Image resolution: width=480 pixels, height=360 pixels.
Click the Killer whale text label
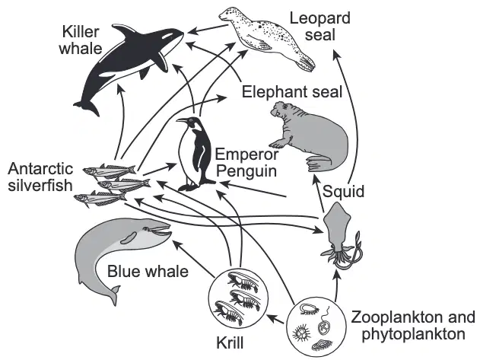pyautogui.click(x=81, y=40)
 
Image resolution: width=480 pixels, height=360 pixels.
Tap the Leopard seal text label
pyautogui.click(x=320, y=27)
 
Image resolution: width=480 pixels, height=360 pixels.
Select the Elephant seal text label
pyautogui.click(x=292, y=92)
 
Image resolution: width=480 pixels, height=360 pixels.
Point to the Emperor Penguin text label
pyautogui.click(x=246, y=163)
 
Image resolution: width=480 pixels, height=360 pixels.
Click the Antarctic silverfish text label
pyautogui.click(x=40, y=177)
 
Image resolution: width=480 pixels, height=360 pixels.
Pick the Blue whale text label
pyautogui.click(x=148, y=271)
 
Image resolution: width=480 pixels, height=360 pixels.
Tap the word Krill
pyautogui.click(x=230, y=342)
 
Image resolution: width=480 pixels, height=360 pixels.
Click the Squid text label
pyautogui.click(x=344, y=192)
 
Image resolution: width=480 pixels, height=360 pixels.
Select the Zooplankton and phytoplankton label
pyautogui.click(x=413, y=326)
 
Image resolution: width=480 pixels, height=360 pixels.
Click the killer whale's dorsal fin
pyautogui.click(x=125, y=31)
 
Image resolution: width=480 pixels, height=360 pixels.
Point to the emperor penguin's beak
pyautogui.click(x=182, y=120)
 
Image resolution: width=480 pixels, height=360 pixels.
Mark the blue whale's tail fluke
pyautogui.click(x=115, y=293)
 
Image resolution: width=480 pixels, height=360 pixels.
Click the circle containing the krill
pyautogui.click(x=238, y=298)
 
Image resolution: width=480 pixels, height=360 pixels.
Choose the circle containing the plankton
pyautogui.click(x=316, y=327)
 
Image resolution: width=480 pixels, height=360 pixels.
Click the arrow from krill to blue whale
pyautogui.click(x=194, y=258)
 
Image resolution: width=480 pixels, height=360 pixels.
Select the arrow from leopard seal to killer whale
pyautogui.click(x=208, y=29)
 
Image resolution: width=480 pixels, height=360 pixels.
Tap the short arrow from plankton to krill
pyautogui.click(x=276, y=319)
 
